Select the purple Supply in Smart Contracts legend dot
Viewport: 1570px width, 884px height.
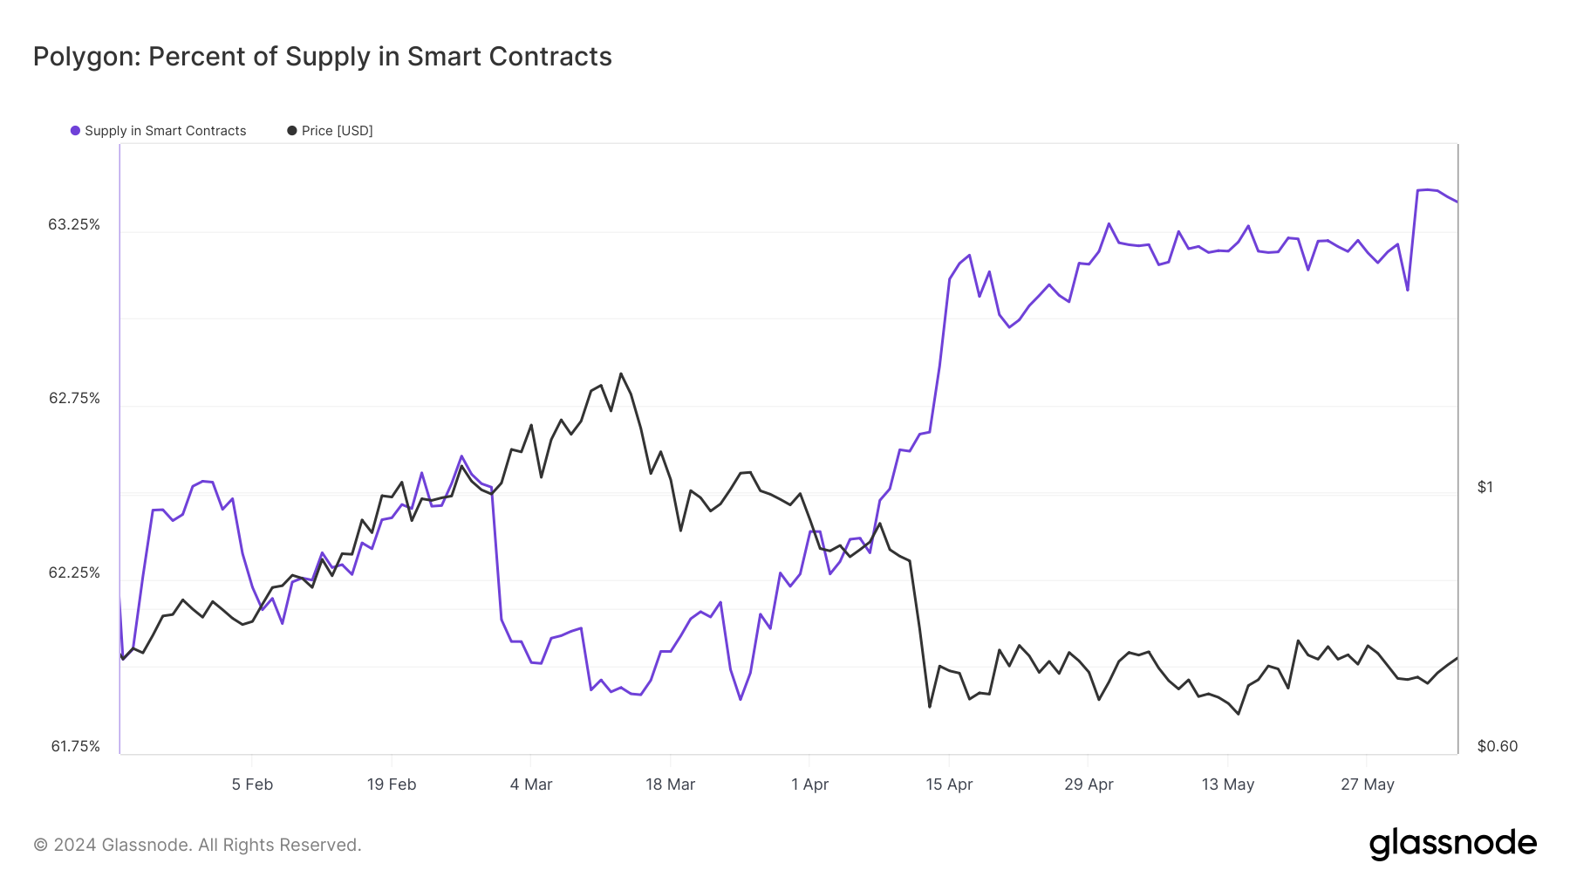pyautogui.click(x=76, y=131)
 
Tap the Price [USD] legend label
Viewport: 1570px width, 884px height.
pyautogui.click(x=337, y=131)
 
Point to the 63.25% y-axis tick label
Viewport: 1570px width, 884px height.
pyautogui.click(x=74, y=225)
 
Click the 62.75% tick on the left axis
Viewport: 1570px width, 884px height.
pyautogui.click(x=74, y=399)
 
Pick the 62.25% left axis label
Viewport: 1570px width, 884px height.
pyautogui.click(x=74, y=572)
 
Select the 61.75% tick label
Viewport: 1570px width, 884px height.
pyautogui.click(x=75, y=746)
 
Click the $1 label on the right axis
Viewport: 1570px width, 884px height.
pyautogui.click(x=1485, y=487)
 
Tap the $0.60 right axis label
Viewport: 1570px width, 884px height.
pyautogui.click(x=1497, y=746)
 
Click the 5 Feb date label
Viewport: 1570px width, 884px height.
pyautogui.click(x=252, y=785)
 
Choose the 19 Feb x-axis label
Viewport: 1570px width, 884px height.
pyautogui.click(x=392, y=785)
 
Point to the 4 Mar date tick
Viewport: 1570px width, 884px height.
pyautogui.click(x=531, y=785)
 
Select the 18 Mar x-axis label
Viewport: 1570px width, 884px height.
pyautogui.click(x=670, y=785)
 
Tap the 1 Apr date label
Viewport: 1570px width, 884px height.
pyautogui.click(x=809, y=785)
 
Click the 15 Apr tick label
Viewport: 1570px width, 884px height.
pyautogui.click(x=949, y=785)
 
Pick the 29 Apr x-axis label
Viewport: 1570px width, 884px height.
pyautogui.click(x=1089, y=785)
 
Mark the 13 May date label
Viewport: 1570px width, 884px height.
pyautogui.click(x=1227, y=785)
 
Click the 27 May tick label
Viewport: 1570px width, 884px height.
pyautogui.click(x=1367, y=785)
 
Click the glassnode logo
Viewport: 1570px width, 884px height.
pyautogui.click(x=1452, y=844)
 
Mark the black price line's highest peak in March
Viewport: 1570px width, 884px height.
pyautogui.click(x=621, y=373)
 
